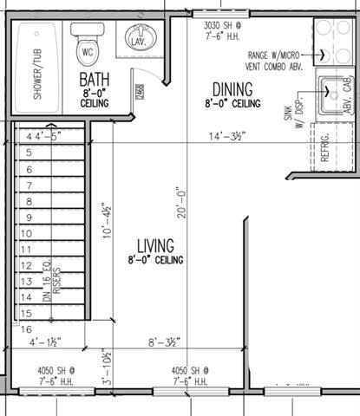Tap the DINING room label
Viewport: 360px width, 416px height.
(232, 89)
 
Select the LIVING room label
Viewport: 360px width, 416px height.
(156, 245)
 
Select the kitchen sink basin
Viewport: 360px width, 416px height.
(331, 95)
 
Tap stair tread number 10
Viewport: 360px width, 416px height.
(28, 233)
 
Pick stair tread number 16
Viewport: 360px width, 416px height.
(27, 330)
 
